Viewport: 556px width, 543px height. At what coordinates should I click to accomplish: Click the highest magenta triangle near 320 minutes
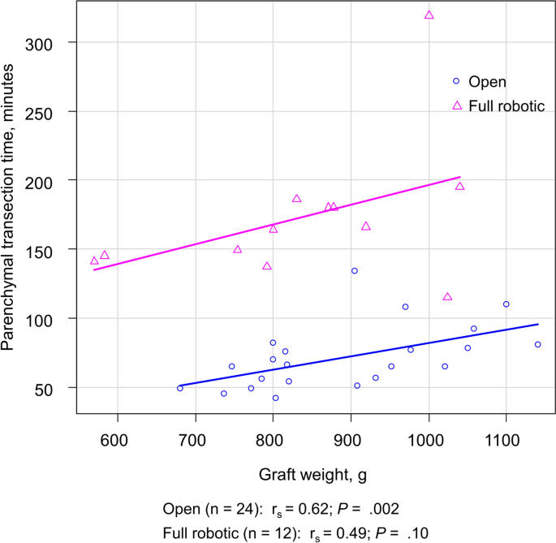pyautogui.click(x=429, y=15)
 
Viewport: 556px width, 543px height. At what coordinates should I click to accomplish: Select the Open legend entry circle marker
pyautogui.click(x=456, y=81)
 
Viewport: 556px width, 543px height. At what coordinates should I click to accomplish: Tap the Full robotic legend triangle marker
pyautogui.click(x=456, y=106)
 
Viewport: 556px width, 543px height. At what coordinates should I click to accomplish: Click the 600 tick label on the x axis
pyautogui.click(x=118, y=441)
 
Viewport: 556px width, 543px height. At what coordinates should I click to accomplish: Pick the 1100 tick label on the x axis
pyautogui.click(x=506, y=441)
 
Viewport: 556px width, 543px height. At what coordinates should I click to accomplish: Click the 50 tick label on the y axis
pyautogui.click(x=63, y=388)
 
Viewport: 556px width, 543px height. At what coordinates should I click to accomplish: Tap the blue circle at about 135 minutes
pyautogui.click(x=354, y=270)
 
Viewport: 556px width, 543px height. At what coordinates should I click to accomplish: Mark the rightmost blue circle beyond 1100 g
pyautogui.click(x=537, y=344)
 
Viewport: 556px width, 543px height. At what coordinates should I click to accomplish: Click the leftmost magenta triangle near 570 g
pyautogui.click(x=94, y=261)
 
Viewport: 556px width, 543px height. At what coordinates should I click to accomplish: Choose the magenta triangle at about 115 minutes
pyautogui.click(x=447, y=297)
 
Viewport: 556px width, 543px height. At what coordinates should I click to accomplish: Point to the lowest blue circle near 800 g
pyautogui.click(x=275, y=398)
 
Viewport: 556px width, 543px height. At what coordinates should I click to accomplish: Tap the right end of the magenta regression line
pyautogui.click(x=460, y=177)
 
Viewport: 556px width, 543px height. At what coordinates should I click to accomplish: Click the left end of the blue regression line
pyautogui.click(x=180, y=386)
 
